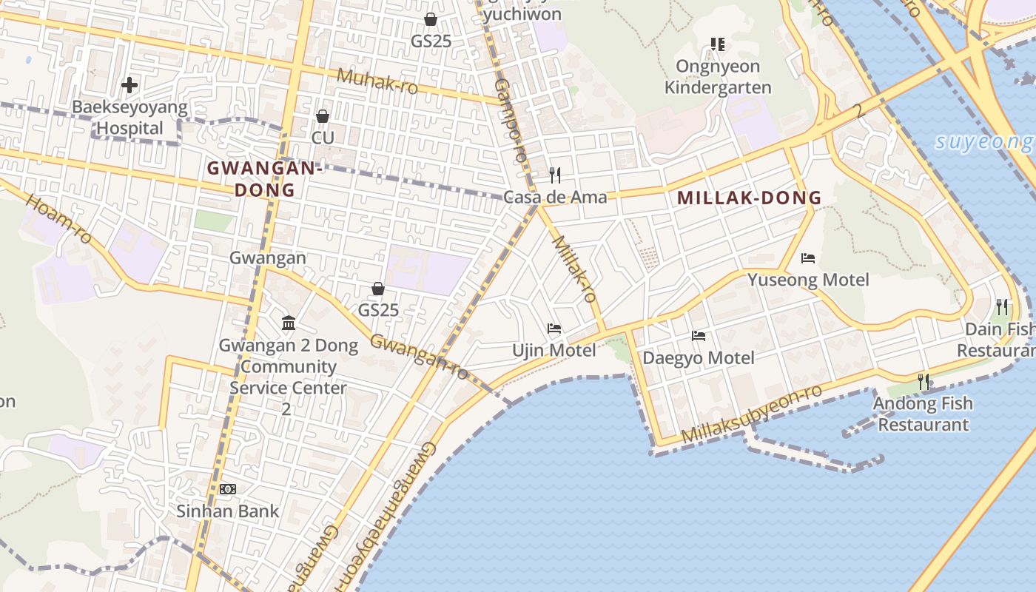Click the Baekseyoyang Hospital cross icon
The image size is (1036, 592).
[129, 85]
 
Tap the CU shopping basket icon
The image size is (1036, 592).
[323, 116]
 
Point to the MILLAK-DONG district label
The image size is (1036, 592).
[749, 198]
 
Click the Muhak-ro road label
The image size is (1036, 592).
[377, 81]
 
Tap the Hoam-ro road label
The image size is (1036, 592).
[58, 219]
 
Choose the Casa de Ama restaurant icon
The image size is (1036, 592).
[555, 175]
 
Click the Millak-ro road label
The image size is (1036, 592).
[574, 269]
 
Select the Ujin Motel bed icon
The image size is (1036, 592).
[554, 329]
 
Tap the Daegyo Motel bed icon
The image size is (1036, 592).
[699, 336]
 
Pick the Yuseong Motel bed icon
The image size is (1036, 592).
[808, 258]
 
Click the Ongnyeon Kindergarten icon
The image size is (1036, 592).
[717, 44]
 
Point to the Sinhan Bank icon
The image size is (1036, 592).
[228, 489]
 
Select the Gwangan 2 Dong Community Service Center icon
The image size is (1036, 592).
[289, 323]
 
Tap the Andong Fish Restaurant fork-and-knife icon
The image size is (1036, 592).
[924, 381]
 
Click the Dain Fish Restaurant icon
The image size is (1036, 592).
[1002, 306]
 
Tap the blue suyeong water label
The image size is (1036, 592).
[984, 142]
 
